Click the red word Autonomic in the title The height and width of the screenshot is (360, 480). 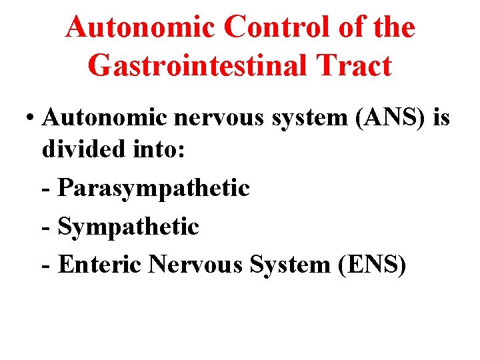tap(141, 28)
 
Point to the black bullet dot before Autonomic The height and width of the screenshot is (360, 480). tap(31, 118)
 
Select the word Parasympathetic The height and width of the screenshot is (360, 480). tap(154, 188)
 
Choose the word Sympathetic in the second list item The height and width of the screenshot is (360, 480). tap(129, 227)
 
